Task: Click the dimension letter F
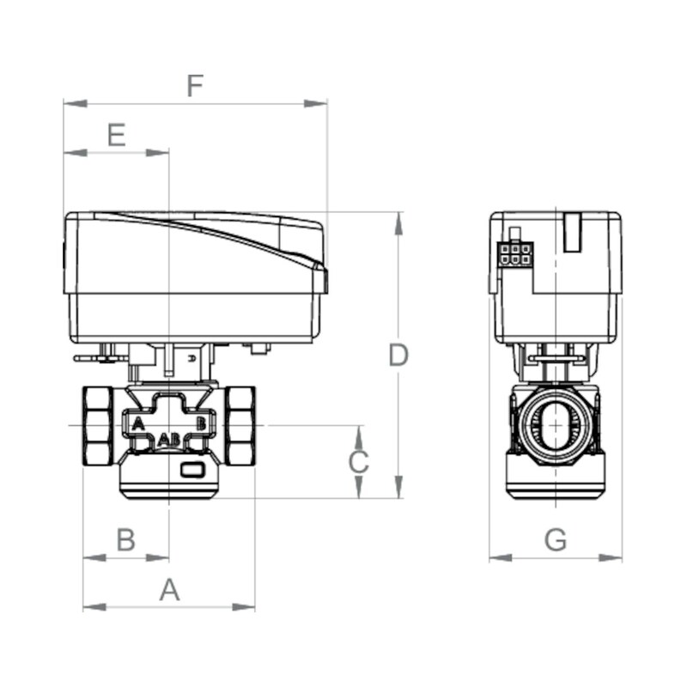(x=196, y=86)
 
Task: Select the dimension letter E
(x=116, y=135)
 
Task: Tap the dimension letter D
(x=398, y=355)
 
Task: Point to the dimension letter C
(x=358, y=462)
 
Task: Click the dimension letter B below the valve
(x=125, y=540)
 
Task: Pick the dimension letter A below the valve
(x=170, y=590)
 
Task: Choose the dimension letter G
(x=556, y=540)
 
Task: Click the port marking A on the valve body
(x=137, y=423)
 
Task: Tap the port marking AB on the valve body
(x=169, y=440)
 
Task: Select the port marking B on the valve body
(x=201, y=423)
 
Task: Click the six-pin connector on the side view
(x=515, y=253)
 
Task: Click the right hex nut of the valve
(x=240, y=426)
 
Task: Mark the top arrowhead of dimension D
(x=398, y=221)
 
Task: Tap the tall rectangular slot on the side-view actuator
(x=573, y=232)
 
